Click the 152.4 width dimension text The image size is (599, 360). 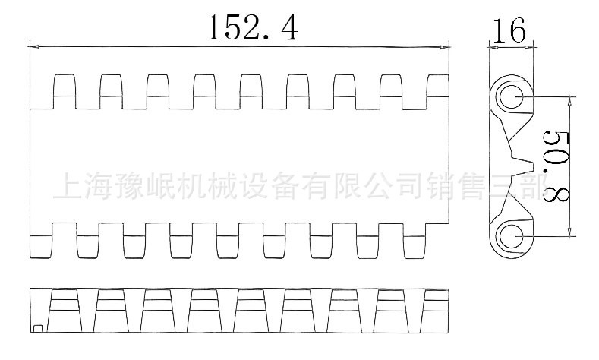pyautogui.click(x=252, y=27)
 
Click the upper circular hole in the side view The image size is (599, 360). pyautogui.click(x=509, y=96)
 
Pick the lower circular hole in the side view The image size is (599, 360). pyautogui.click(x=509, y=235)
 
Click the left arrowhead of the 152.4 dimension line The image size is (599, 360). pyautogui.click(x=34, y=47)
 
